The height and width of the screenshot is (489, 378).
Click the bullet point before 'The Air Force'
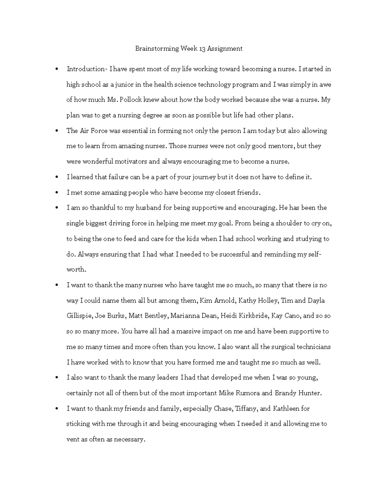coord(57,131)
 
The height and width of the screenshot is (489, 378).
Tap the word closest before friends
coord(226,192)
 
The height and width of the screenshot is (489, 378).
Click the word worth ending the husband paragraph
coord(76,270)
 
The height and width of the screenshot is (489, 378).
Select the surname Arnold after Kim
coord(225,300)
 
